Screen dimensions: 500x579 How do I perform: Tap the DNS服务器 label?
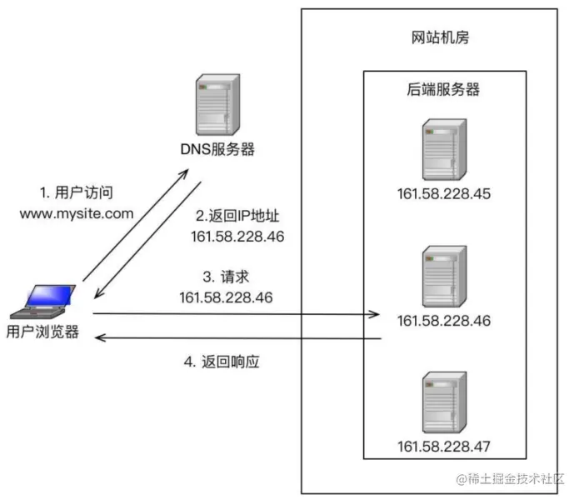[217, 150]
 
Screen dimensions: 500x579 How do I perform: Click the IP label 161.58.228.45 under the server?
[444, 194]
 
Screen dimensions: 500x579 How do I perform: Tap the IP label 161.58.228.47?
[444, 446]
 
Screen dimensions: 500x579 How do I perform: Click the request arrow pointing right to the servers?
[237, 314]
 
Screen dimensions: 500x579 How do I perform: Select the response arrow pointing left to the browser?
[237, 338]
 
